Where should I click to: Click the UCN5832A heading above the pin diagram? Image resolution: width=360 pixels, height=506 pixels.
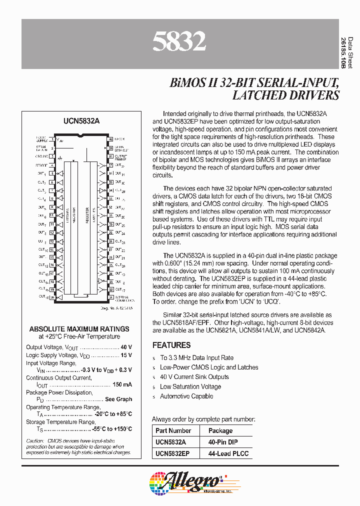point(81,121)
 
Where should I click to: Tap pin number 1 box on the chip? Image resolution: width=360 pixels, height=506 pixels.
point(52,138)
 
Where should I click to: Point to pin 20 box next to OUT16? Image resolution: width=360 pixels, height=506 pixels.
point(52,297)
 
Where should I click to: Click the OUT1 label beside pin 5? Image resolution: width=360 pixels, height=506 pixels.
point(42,173)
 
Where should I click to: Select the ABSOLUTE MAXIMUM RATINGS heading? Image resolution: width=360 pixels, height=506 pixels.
point(79,329)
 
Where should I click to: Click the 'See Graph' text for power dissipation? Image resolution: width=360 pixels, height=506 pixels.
point(118,399)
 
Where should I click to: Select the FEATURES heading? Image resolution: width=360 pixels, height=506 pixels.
point(171,345)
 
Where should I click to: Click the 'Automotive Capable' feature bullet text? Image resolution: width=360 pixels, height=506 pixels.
point(186,396)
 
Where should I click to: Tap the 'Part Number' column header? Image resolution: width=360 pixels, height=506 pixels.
point(173,430)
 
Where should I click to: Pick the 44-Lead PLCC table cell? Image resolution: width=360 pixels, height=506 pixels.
point(224,454)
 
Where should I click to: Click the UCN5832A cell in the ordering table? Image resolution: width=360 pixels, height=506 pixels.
point(170,442)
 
